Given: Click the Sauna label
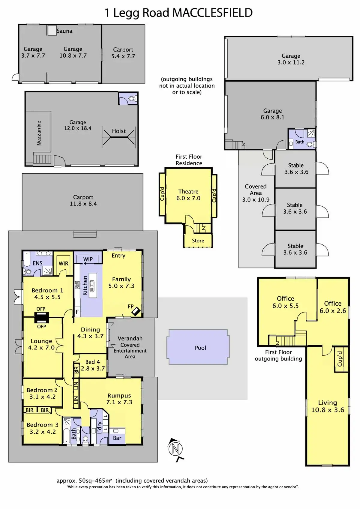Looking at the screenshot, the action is coord(64,31).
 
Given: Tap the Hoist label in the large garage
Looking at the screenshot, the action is coord(119,131).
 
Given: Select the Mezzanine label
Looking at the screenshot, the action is coord(39,133).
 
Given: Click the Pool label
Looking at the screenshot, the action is coord(200,348).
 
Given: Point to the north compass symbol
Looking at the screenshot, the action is coord(176,449).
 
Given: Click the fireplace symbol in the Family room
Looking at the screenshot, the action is coord(136,311).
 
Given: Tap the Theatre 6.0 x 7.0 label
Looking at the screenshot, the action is coord(188,195).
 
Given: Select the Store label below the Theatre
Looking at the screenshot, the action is coord(198,241).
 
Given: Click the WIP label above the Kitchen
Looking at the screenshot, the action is coord(88,259).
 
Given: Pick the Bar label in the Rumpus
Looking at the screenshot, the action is coord(117,438).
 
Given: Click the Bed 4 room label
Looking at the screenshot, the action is coord(93,365).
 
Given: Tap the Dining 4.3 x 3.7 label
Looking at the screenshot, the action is coord(90,333).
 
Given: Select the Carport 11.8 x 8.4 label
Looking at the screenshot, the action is coord(83,200).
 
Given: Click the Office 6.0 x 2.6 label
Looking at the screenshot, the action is coord(333,307).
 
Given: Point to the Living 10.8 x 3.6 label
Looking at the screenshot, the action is coord(328,406).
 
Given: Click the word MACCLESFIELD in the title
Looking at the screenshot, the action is coord(212,13).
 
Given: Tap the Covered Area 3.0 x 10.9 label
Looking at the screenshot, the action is coord(256,193).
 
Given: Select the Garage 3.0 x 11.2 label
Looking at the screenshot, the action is coord(291,59).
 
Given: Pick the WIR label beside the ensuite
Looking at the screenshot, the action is coord(63,264).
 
